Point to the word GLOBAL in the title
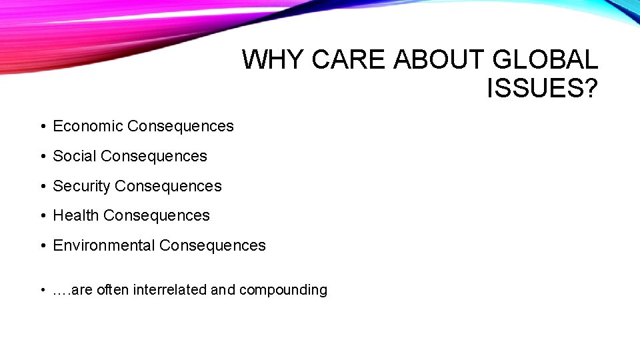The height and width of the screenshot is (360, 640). tap(545, 60)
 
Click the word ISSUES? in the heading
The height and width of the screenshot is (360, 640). tap(542, 88)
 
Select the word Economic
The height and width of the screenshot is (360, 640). tap(87, 126)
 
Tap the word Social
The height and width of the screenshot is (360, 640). tap(75, 156)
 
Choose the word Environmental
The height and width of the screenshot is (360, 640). tap(103, 245)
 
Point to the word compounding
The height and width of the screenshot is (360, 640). tap(283, 290)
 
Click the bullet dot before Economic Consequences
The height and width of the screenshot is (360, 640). tap(42, 127)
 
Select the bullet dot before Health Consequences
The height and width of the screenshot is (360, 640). tap(42, 216)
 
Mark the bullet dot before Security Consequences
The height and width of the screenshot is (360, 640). tap(42, 187)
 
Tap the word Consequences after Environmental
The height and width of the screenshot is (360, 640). tap(213, 245)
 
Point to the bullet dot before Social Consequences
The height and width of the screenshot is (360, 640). tap(42, 157)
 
